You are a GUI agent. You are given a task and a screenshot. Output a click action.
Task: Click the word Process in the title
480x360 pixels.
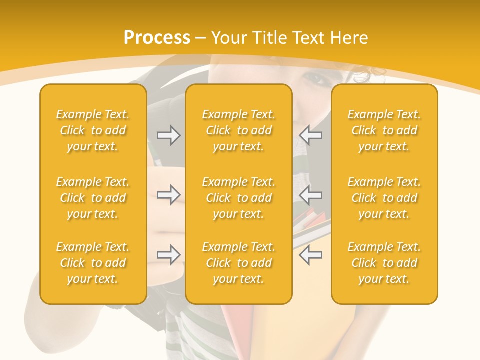[157, 38]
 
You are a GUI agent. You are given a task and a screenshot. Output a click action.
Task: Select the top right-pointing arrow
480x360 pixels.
[169, 135]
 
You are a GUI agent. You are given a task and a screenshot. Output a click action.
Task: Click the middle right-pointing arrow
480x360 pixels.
[169, 195]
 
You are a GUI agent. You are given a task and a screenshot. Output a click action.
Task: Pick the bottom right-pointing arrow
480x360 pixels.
[169, 255]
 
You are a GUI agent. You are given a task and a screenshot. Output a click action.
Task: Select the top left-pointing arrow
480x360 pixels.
[311, 135]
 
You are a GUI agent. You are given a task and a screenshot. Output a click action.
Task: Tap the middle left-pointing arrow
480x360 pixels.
[311, 195]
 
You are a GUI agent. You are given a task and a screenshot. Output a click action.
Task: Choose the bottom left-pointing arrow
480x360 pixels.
[311, 255]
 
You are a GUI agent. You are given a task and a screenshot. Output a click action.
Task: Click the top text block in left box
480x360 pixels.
[93, 130]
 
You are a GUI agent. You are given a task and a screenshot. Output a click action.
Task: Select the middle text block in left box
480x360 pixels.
[93, 198]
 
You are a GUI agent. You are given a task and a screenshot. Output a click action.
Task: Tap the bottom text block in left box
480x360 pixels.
[93, 263]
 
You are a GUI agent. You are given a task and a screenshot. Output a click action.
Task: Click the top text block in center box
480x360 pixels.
[238, 130]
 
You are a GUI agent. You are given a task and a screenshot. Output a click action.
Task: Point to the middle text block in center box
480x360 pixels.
[238, 198]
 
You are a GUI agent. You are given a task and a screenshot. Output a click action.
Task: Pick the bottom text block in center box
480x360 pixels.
[238, 263]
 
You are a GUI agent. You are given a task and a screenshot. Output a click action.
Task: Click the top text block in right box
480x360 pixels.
[384, 130]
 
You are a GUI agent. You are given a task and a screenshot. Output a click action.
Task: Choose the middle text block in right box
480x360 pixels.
[384, 198]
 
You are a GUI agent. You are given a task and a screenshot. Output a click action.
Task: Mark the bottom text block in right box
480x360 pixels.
[384, 263]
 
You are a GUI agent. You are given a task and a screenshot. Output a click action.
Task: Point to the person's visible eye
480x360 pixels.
[314, 78]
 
